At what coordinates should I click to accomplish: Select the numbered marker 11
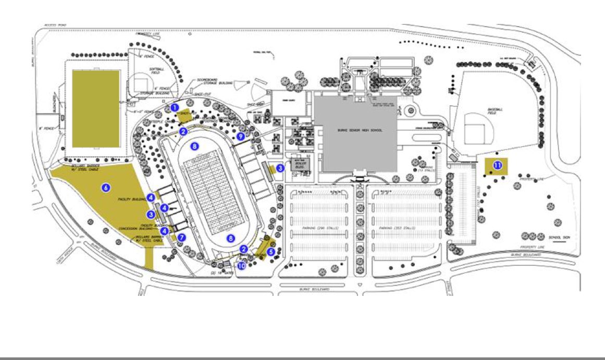click(x=497, y=166)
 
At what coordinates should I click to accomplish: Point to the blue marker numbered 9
click(x=240, y=136)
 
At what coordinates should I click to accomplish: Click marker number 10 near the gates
click(x=241, y=266)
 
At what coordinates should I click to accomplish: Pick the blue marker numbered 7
click(x=181, y=237)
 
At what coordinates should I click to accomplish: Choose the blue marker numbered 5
click(x=270, y=251)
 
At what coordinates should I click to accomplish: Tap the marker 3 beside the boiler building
click(x=280, y=168)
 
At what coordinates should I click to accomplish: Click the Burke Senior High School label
click(x=356, y=130)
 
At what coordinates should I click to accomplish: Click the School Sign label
click(x=558, y=236)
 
